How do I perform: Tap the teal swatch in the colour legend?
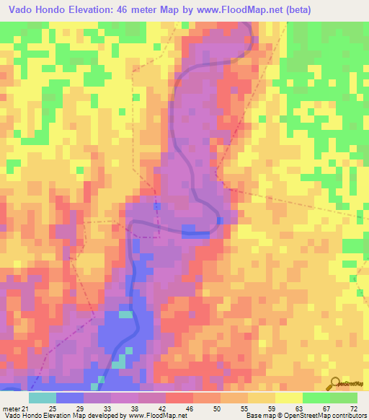coord(42,398)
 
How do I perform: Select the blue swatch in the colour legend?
coord(69,398)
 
